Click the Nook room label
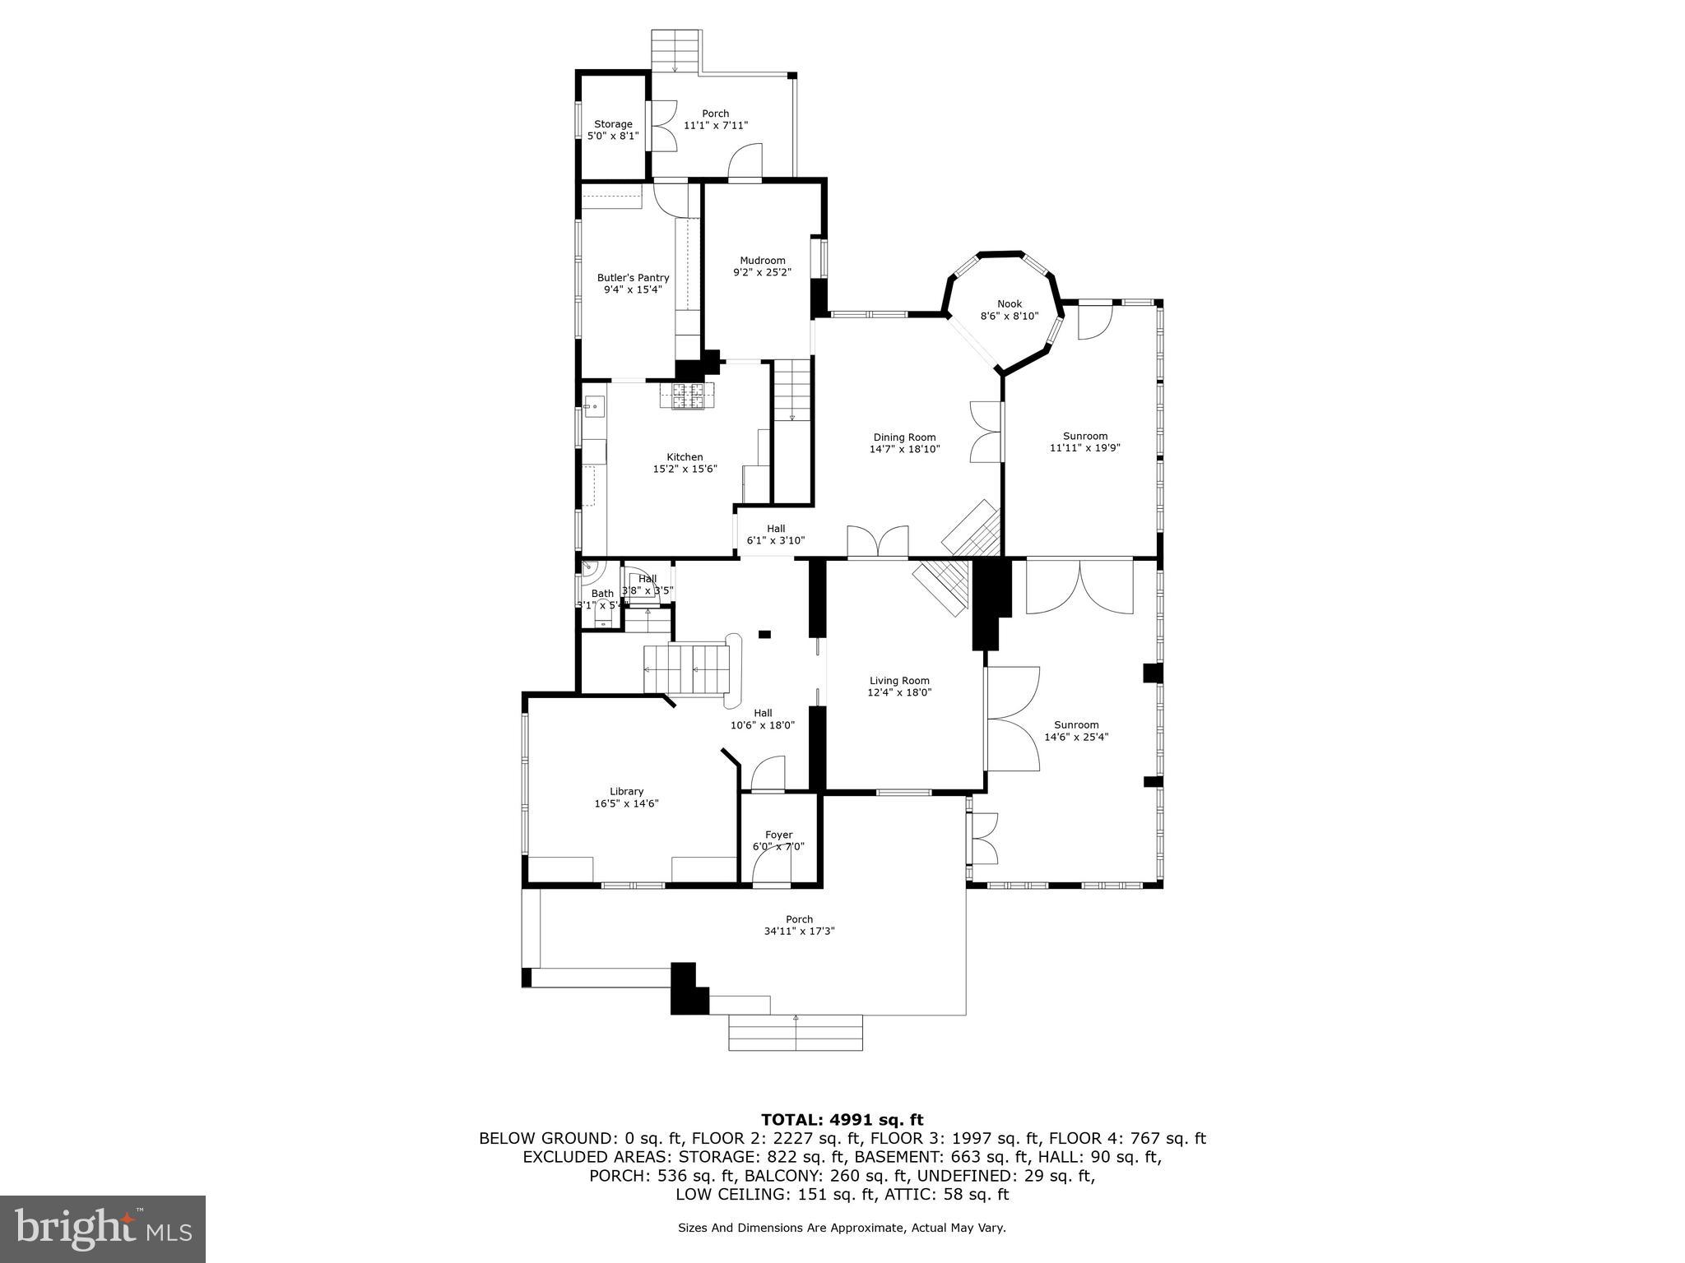pyautogui.click(x=1010, y=304)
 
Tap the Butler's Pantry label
pyautogui.click(x=633, y=278)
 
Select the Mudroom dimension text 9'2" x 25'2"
pyautogui.click(x=762, y=272)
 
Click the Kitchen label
pyautogui.click(x=685, y=457)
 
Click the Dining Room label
pyautogui.click(x=904, y=437)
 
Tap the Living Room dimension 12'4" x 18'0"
pyautogui.click(x=899, y=692)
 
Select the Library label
pyautogui.click(x=626, y=792)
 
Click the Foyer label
pyautogui.click(x=778, y=835)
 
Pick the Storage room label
pyautogui.click(x=613, y=124)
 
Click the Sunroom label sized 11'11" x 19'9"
pyautogui.click(x=1084, y=436)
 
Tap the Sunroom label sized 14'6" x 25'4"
pyautogui.click(x=1076, y=725)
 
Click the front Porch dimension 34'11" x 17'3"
pyautogui.click(x=799, y=931)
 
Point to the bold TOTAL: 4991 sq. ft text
pyautogui.click(x=842, y=1120)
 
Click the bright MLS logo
pyautogui.click(x=103, y=1229)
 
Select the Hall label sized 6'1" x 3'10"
pyautogui.click(x=776, y=529)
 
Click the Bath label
pyautogui.click(x=602, y=594)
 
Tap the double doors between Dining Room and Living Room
pyautogui.click(x=878, y=543)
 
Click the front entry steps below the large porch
pyautogui.click(x=795, y=1033)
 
